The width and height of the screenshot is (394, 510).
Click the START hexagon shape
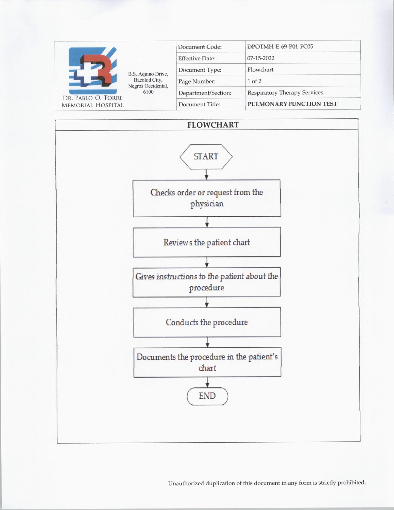click(x=206, y=157)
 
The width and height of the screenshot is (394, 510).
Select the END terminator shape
click(x=207, y=396)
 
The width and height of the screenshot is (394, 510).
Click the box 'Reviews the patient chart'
click(x=207, y=242)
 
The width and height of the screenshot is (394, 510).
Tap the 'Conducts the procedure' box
click(x=207, y=322)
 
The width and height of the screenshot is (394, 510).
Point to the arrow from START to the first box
click(x=206, y=174)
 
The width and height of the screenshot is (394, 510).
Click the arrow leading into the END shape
click(x=207, y=382)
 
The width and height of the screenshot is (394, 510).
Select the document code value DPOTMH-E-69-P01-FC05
click(x=280, y=47)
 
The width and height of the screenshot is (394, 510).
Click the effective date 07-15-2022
click(x=261, y=58)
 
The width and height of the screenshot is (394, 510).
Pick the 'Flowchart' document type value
click(x=261, y=70)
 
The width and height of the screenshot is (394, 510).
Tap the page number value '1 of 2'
click(x=254, y=81)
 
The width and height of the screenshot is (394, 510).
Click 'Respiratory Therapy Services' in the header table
click(x=285, y=93)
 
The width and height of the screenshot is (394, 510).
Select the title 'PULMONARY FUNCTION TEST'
click(x=292, y=104)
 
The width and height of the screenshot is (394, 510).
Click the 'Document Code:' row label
click(x=200, y=47)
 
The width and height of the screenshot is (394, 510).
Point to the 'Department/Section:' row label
click(x=205, y=93)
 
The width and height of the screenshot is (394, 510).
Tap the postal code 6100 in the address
click(x=148, y=92)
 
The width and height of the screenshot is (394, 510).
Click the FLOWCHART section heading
click(x=213, y=125)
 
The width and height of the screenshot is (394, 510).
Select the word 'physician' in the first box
click(x=207, y=204)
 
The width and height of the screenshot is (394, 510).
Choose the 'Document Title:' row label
click(x=199, y=104)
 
